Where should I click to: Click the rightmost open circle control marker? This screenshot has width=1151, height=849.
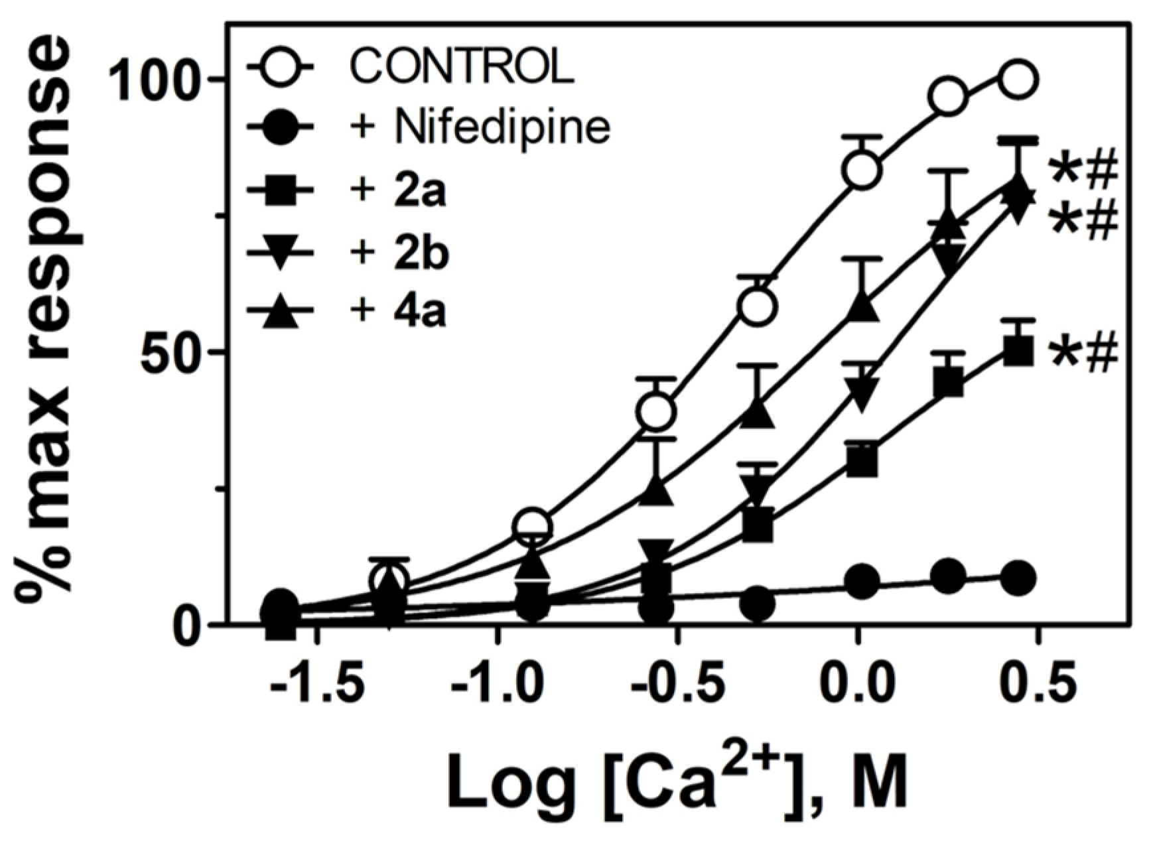tap(1018, 80)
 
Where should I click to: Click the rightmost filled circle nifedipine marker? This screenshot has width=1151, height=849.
tap(1018, 578)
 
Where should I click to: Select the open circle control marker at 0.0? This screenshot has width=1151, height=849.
tap(860, 170)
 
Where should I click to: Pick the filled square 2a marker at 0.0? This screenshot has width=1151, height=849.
tap(862, 460)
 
